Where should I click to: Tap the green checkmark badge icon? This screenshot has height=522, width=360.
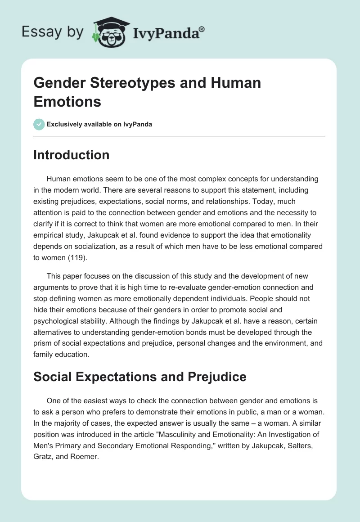coord(39,124)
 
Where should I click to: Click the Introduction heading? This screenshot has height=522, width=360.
coord(72,155)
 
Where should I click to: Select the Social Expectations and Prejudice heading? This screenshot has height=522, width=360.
coord(140,376)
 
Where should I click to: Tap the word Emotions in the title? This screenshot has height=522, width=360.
coord(67,102)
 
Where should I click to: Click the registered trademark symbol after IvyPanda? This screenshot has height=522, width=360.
coord(202,28)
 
